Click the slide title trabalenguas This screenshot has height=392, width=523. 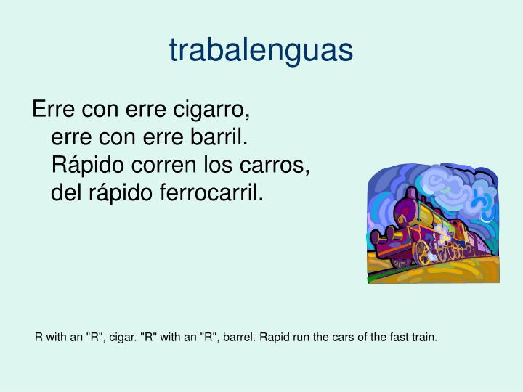261,50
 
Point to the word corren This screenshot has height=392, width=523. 164,166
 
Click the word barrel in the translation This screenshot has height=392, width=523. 236,338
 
